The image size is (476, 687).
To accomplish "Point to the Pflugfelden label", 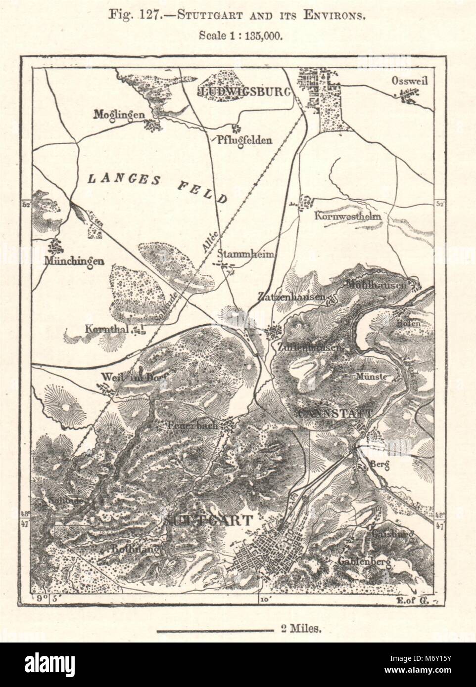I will (245, 140).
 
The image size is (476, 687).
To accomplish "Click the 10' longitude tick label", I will (262, 600).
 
